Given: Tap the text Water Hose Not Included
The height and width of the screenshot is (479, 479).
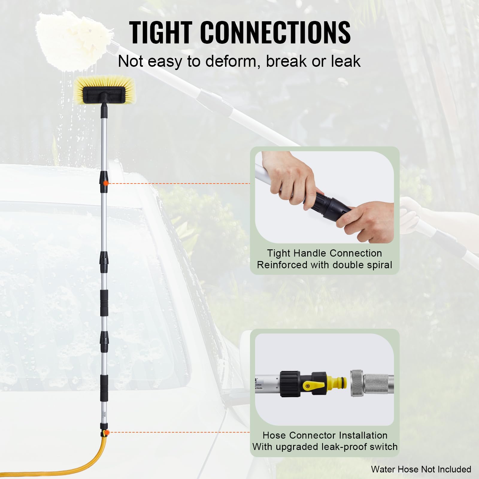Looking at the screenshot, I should tap(421, 469).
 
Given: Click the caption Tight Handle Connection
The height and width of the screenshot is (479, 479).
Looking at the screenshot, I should tap(325, 253).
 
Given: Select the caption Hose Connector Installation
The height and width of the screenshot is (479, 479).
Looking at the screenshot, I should tap(325, 435).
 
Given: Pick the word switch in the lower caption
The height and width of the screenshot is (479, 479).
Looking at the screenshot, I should tap(383, 447).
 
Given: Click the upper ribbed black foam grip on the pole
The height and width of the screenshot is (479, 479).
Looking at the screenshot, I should tap(104, 303).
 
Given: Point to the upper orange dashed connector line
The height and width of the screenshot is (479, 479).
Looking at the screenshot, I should tap(180, 183).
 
